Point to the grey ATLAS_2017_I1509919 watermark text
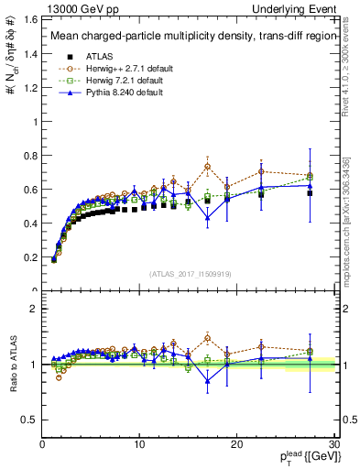pos(189,273)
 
